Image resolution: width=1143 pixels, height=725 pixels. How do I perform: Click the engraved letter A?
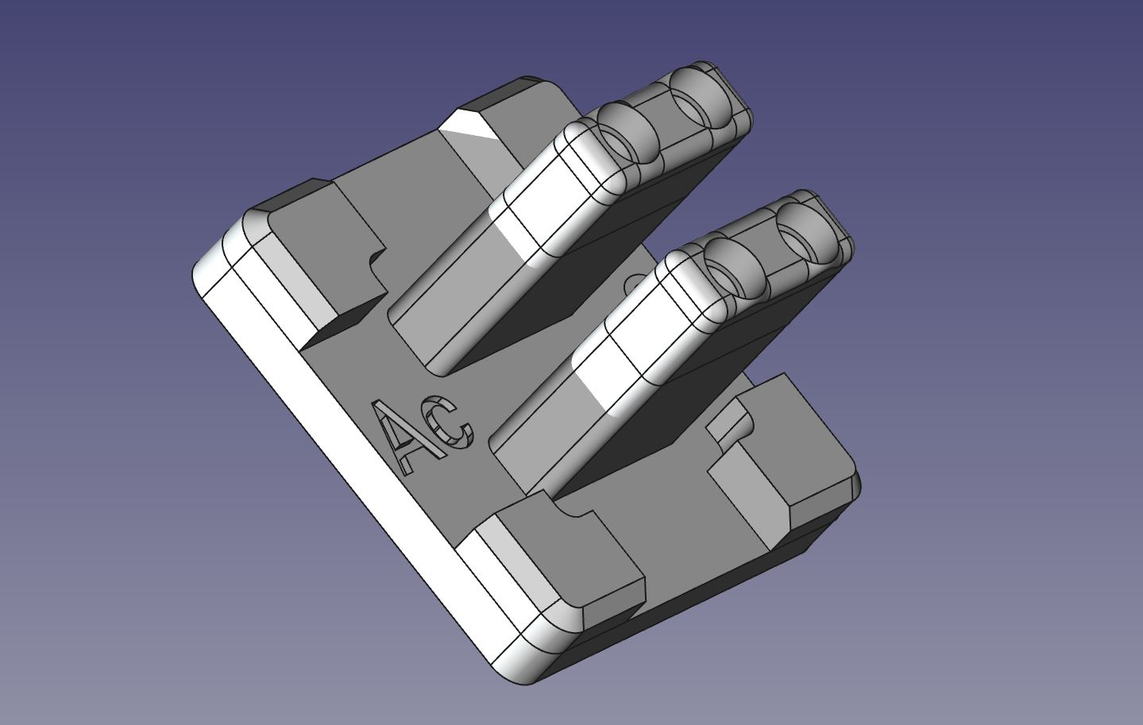[x=401, y=437]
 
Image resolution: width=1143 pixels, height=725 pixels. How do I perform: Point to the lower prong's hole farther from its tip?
[x=732, y=266]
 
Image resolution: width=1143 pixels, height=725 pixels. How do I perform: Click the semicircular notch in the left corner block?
[x=376, y=263]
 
